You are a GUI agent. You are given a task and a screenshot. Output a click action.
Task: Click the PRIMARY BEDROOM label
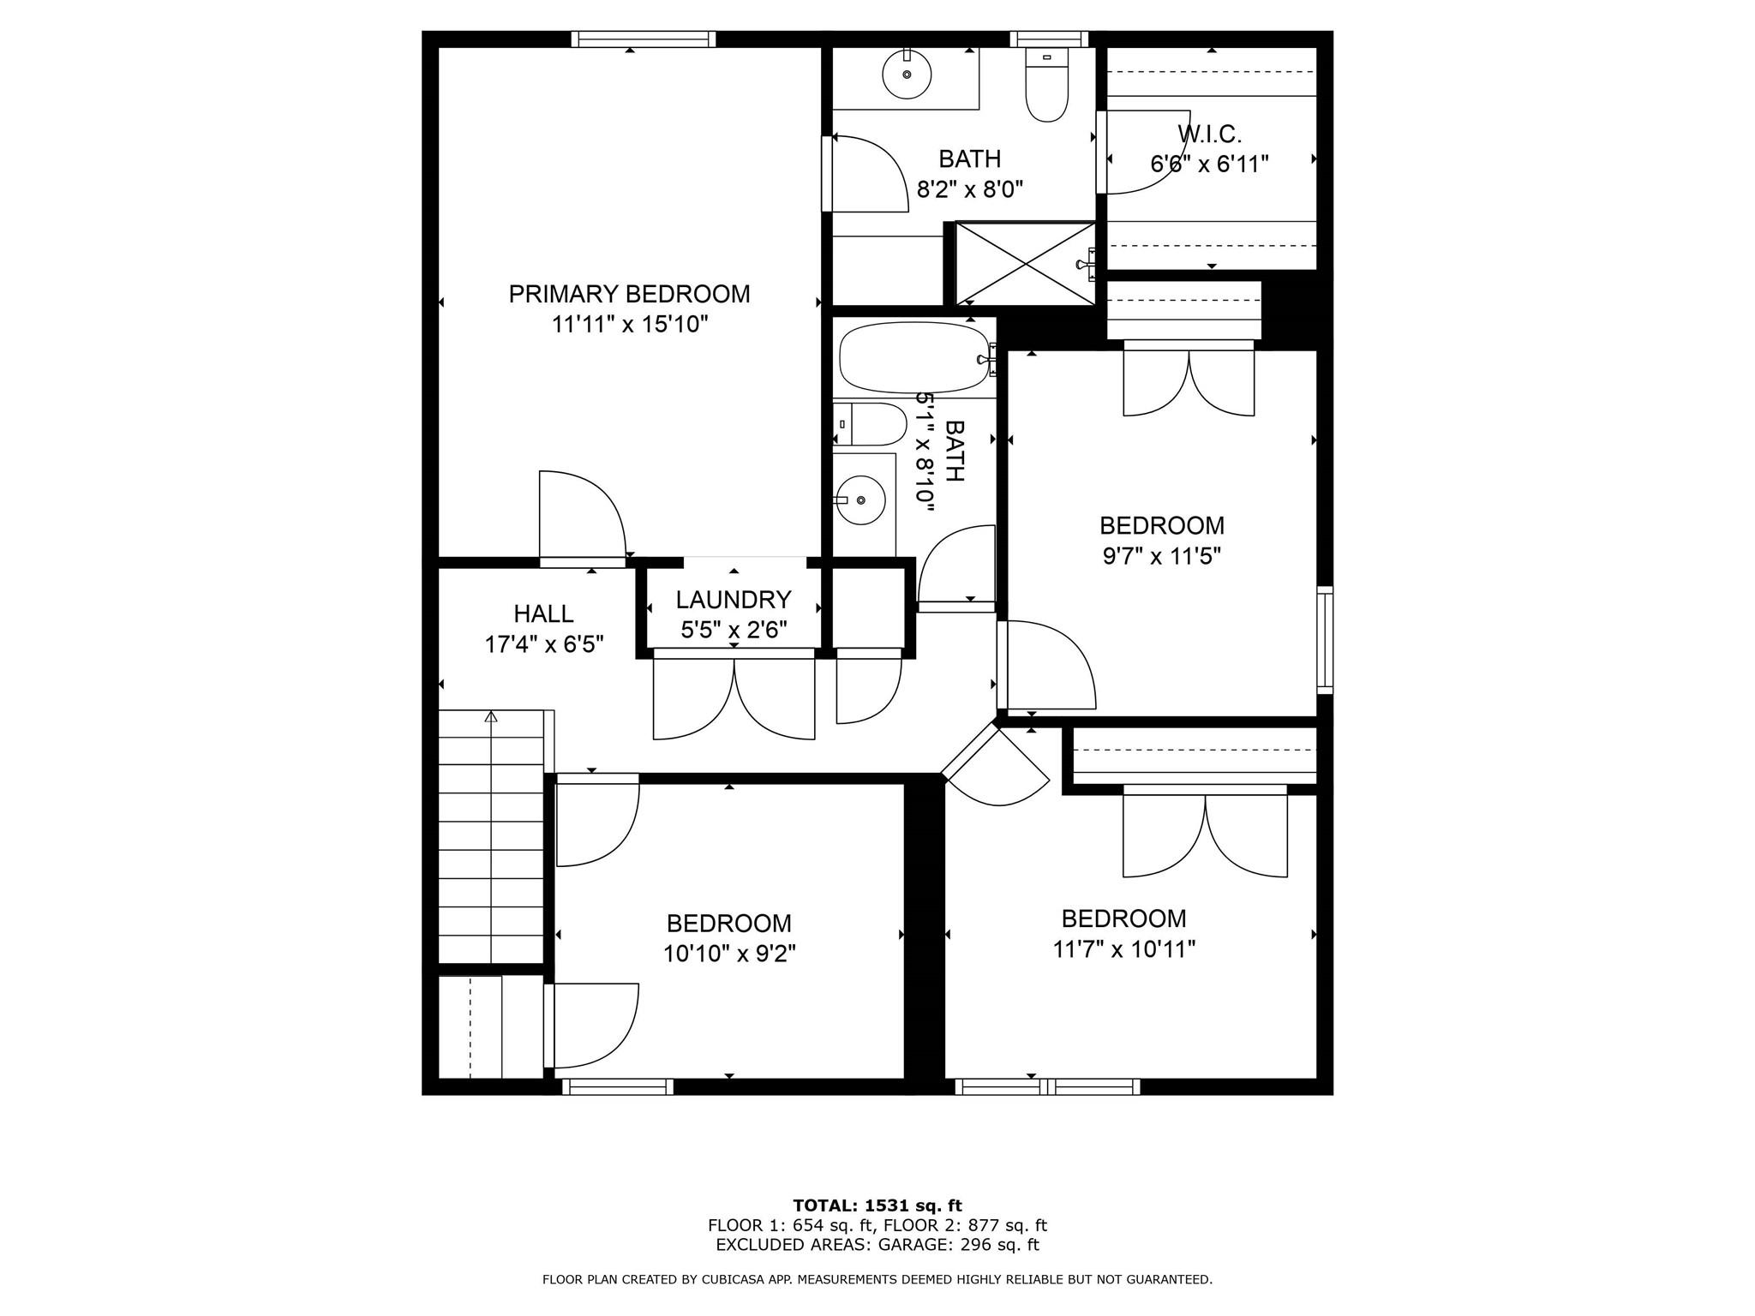629,294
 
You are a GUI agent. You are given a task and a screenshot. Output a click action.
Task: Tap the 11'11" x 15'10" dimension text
629,325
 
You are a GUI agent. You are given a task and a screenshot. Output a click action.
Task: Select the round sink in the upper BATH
907,75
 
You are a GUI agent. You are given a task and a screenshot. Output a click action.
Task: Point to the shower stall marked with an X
1025,263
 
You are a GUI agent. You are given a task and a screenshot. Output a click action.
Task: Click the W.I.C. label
1209,134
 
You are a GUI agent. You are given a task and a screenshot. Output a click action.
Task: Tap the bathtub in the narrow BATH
913,358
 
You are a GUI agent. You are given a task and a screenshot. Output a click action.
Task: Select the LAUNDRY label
733,599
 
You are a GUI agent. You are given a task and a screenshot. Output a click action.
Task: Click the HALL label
543,613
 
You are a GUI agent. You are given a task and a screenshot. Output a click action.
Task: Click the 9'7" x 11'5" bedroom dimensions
1161,556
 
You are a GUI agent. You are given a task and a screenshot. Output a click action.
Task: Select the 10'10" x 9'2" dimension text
729,954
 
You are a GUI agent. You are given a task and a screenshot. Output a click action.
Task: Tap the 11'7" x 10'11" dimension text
1123,949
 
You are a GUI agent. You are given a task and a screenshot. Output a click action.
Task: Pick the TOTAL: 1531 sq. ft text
877,1205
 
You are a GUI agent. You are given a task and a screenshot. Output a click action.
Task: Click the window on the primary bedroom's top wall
643,39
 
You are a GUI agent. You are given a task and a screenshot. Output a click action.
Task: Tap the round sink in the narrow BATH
860,499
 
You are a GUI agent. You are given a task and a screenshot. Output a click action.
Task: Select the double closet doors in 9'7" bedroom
1189,380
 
